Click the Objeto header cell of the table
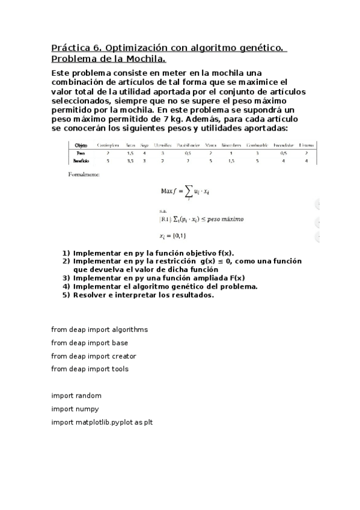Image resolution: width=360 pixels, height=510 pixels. [81, 145]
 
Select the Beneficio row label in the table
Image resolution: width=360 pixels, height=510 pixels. [81, 161]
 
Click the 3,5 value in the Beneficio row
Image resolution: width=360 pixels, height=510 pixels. [130, 161]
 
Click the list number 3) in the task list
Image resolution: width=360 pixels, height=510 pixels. [66, 278]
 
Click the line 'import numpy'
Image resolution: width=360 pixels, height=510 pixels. [76, 409]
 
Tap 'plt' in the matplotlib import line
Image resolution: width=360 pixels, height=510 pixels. [147, 422]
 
